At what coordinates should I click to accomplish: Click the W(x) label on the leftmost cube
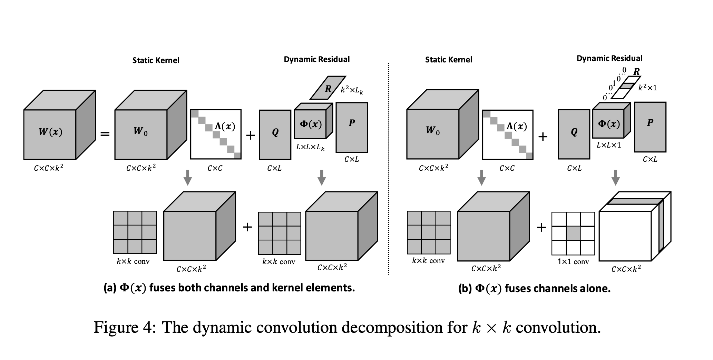point(50,132)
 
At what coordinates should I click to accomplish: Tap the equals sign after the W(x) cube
point(105,133)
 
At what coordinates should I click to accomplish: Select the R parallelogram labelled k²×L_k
point(327,88)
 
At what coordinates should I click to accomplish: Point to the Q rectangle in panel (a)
point(275,134)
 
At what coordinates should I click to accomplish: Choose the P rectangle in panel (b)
point(650,127)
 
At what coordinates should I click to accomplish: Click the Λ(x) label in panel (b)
point(516,127)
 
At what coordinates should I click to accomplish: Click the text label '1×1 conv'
point(573,262)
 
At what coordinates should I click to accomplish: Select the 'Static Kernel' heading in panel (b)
point(448,60)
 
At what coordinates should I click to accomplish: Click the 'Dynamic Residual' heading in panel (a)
point(316,59)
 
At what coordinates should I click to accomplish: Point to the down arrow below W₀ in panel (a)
point(187,177)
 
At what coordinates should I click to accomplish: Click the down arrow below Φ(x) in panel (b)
point(615,177)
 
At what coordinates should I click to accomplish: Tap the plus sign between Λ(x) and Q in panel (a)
point(250,135)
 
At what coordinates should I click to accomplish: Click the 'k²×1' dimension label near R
point(647,88)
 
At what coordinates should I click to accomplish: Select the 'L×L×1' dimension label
point(608,145)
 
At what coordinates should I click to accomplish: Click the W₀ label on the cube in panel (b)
point(432,130)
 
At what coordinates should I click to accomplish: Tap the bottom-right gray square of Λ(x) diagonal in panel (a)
point(237,156)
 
